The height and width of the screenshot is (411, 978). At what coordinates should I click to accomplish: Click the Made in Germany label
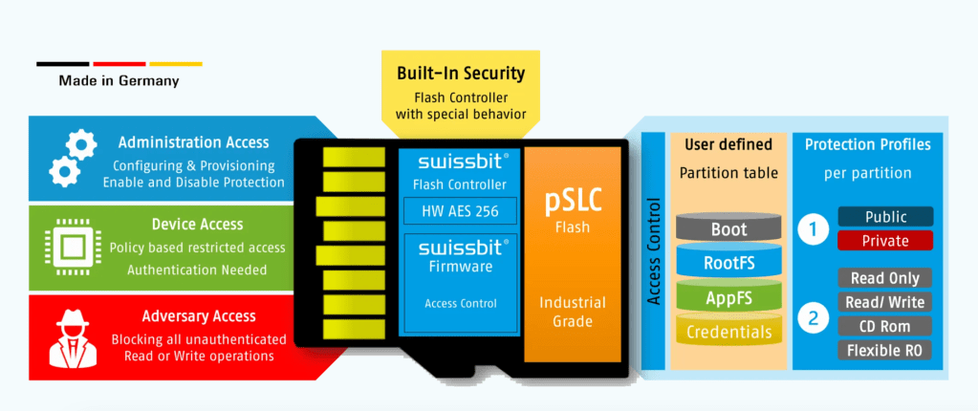119,81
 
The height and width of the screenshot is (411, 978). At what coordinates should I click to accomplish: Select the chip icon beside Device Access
68,248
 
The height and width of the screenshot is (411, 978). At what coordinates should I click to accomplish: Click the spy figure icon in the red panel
68,336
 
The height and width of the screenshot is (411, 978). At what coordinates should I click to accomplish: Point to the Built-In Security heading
461,73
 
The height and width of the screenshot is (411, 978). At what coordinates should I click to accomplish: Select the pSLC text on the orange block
572,202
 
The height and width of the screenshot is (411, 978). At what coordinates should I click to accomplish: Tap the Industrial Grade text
573,312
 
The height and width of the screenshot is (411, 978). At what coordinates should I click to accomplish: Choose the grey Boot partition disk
728,230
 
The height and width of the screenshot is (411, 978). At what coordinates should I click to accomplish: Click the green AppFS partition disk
728,297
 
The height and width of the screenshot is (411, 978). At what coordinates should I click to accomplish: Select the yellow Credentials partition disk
728,331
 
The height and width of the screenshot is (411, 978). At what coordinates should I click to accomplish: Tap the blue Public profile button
884,217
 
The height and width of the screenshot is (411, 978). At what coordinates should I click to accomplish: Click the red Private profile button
884,241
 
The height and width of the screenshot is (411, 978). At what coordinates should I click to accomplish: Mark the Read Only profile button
884,278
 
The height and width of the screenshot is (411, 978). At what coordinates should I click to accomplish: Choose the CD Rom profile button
884,326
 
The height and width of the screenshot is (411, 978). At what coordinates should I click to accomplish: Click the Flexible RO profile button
884,350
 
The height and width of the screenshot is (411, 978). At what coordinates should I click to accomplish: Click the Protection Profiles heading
867,145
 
